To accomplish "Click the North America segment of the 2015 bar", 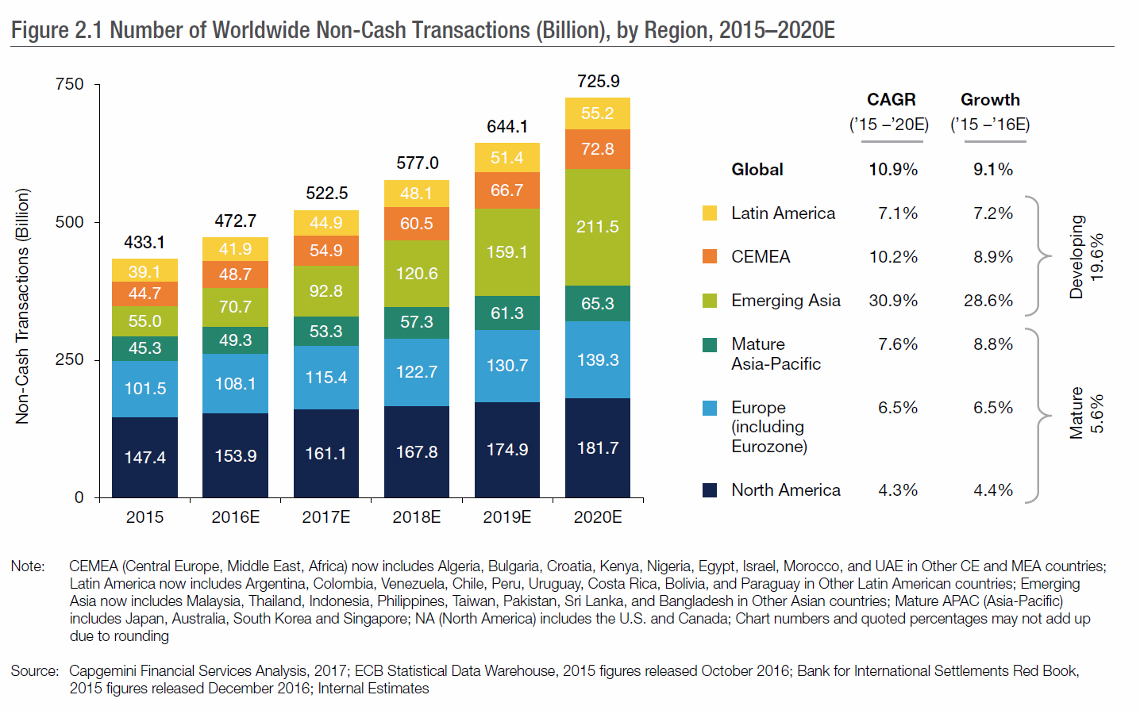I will click(144, 457).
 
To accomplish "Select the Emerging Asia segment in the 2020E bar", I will click(597, 227).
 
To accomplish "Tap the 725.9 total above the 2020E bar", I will click(598, 82).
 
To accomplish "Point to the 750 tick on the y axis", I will click(70, 84).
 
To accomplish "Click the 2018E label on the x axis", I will click(417, 517).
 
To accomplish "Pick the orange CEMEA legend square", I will click(710, 256).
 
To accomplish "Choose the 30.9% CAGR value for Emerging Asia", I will click(893, 301).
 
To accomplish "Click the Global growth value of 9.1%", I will click(993, 170).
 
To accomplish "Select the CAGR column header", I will click(891, 100).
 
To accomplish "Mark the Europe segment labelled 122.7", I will click(417, 371).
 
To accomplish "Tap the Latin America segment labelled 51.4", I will click(506, 158).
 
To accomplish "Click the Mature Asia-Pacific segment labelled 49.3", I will click(235, 340).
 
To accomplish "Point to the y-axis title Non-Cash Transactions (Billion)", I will click(22, 305).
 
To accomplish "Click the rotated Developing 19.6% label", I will click(1086, 257).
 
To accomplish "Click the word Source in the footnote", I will click(34, 671).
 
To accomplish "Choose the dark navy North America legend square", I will click(710, 490).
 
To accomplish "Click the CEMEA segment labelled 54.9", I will click(325, 251).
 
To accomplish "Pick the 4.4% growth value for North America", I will click(993, 490).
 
